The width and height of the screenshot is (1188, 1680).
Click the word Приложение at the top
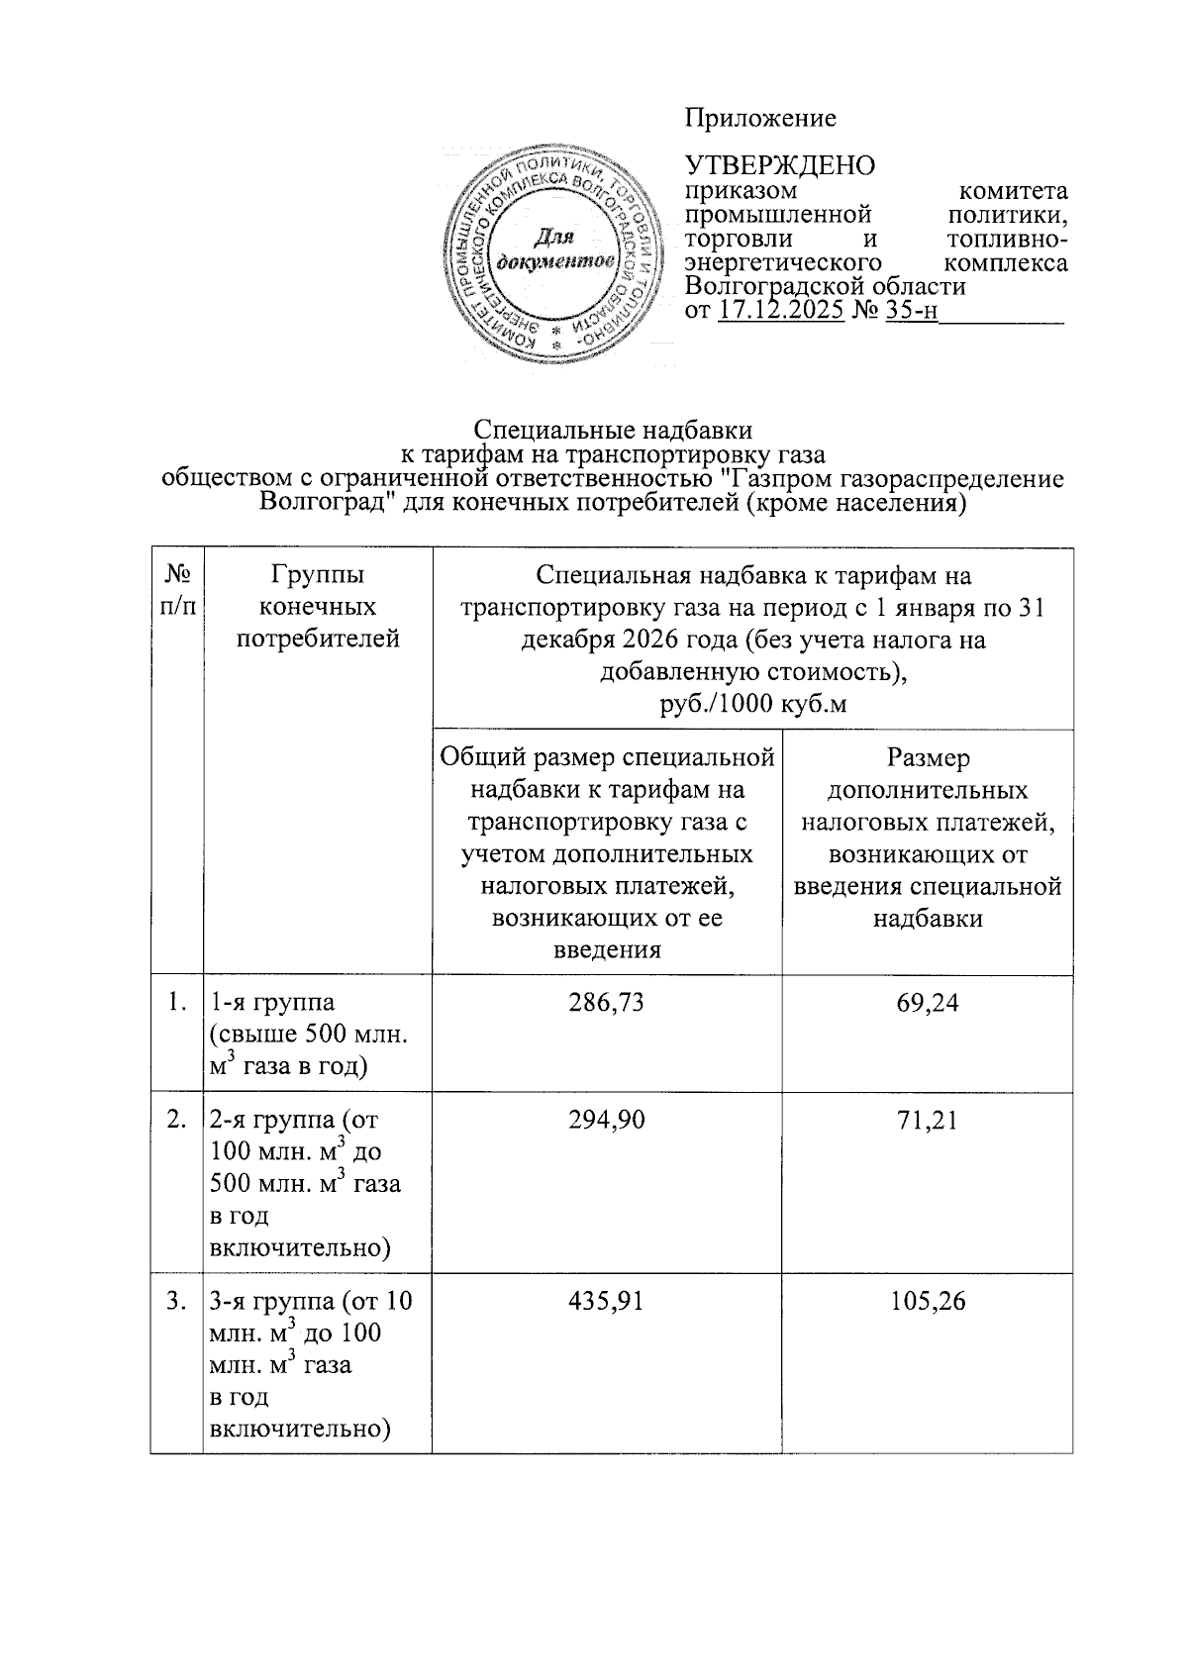click(x=760, y=119)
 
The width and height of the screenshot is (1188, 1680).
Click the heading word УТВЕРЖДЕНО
click(x=781, y=165)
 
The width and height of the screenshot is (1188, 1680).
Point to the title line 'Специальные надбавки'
click(x=613, y=431)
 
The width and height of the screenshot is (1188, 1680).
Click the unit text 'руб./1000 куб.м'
click(x=753, y=705)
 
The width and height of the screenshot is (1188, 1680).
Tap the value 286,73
click(x=606, y=1003)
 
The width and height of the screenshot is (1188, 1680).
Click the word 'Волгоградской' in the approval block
click(x=775, y=287)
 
